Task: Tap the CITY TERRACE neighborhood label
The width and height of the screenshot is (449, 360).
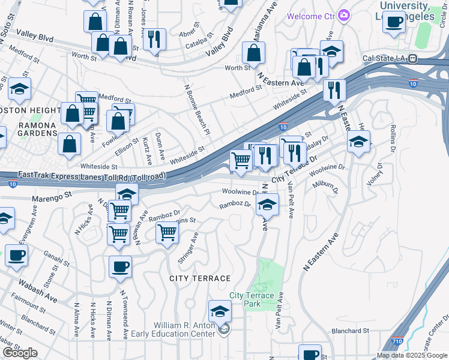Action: point(200,278)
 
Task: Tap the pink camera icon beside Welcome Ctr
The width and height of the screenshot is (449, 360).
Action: point(343,15)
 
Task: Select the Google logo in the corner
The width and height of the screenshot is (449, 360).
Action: point(20,353)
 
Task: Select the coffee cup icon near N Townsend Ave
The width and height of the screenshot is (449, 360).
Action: point(120,266)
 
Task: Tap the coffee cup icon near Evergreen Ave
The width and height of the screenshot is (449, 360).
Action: point(16,254)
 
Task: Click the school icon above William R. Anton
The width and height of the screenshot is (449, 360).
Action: point(220,311)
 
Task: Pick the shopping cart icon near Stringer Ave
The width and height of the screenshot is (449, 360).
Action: point(167,232)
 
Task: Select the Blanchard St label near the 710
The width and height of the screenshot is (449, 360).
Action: point(349,331)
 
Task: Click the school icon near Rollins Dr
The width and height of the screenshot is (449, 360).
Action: point(358,142)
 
